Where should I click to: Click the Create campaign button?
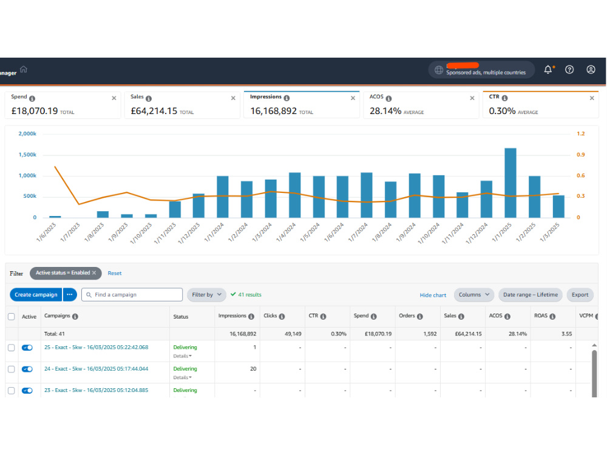pyautogui.click(x=36, y=294)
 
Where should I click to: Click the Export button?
pyautogui.click(x=580, y=294)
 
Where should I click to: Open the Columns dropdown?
pyautogui.click(x=474, y=294)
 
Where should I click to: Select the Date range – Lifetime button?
pyautogui.click(x=531, y=294)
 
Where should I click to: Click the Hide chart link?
pyautogui.click(x=433, y=295)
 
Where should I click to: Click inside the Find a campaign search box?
pyautogui.click(x=132, y=294)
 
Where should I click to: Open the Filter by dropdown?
pyautogui.click(x=206, y=294)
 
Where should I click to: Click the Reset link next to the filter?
pyautogui.click(x=115, y=273)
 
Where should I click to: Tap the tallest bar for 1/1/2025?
pyautogui.click(x=510, y=183)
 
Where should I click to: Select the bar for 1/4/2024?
pyautogui.click(x=294, y=195)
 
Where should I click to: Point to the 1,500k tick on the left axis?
pyautogui.click(x=27, y=154)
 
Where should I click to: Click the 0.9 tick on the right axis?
pyautogui.click(x=581, y=154)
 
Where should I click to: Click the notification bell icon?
pyautogui.click(x=548, y=70)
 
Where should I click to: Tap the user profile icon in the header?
pyautogui.click(x=591, y=70)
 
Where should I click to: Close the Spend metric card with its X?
pyautogui.click(x=114, y=98)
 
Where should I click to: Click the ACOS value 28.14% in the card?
pyautogui.click(x=385, y=111)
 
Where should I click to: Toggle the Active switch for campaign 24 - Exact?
pyautogui.click(x=27, y=369)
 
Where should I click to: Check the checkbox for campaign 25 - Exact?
pyautogui.click(x=12, y=348)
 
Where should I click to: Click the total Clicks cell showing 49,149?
pyautogui.click(x=293, y=334)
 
